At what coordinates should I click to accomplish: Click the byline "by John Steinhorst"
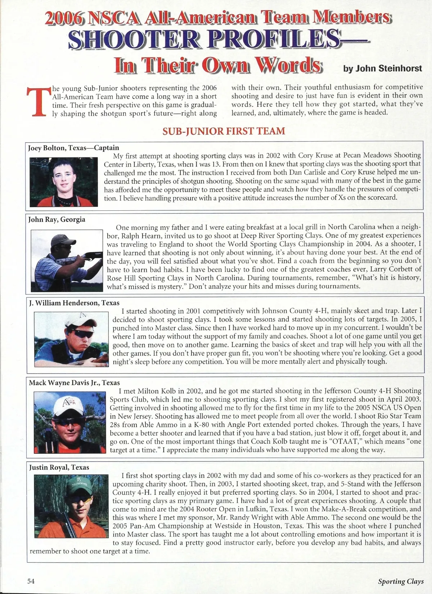tap(382, 69)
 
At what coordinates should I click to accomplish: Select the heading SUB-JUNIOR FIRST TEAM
tap(224, 131)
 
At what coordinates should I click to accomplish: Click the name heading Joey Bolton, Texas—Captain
tap(73, 148)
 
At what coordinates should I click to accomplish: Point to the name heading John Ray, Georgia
tap(57, 219)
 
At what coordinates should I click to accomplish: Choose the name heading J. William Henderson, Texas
tap(74, 303)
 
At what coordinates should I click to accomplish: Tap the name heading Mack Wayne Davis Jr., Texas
tap(75, 383)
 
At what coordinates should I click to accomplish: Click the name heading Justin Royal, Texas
tap(59, 467)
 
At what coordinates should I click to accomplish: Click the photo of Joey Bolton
tap(64, 182)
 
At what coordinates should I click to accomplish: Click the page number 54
tap(31, 581)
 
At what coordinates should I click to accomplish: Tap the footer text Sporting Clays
tap(401, 581)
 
